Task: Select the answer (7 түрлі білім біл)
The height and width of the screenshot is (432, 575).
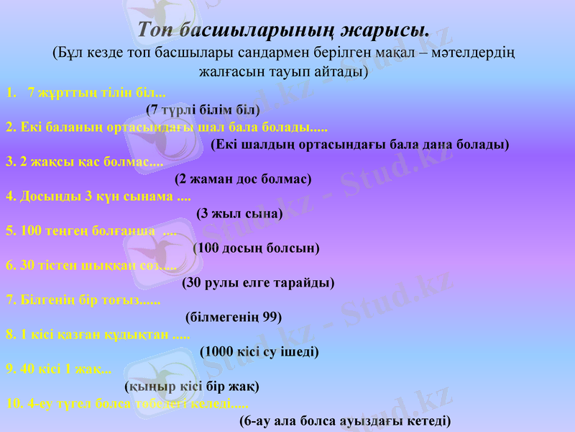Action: tap(203, 110)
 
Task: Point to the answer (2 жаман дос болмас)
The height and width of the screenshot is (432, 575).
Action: tap(243, 179)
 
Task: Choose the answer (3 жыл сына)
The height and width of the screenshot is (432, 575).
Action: tap(239, 214)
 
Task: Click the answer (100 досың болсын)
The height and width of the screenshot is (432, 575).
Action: tap(257, 248)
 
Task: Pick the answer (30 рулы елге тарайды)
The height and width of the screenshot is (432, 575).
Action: tap(259, 283)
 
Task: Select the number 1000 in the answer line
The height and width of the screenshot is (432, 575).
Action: tap(221, 352)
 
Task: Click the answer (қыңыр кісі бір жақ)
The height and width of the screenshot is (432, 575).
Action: tap(192, 387)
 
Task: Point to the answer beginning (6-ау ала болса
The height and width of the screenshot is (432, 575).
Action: tap(345, 421)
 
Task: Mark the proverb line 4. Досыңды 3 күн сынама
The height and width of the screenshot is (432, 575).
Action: tap(98, 196)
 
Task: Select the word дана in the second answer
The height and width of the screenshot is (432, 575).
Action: tap(428, 145)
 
